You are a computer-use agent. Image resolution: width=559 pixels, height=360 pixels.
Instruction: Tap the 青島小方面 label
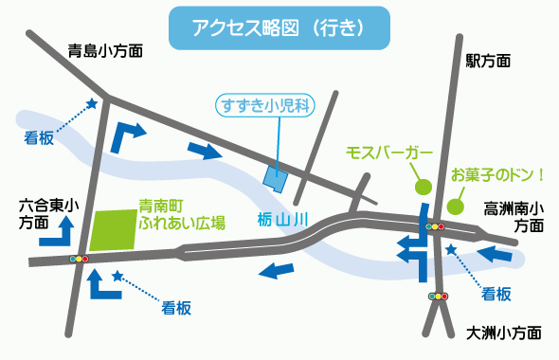click(x=105, y=52)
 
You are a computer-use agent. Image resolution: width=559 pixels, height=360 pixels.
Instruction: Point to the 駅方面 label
click(x=488, y=61)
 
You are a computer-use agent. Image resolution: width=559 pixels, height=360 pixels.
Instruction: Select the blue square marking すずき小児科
click(x=274, y=177)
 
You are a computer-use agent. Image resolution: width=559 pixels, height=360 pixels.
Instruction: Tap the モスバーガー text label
click(x=389, y=153)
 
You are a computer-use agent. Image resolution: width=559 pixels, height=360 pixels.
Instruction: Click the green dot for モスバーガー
click(x=423, y=188)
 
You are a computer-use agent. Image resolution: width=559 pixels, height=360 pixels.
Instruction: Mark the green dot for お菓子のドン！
click(x=456, y=206)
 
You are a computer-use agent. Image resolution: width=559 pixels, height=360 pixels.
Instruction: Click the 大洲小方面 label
click(x=504, y=333)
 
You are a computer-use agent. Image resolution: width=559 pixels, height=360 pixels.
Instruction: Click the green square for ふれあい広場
click(x=115, y=230)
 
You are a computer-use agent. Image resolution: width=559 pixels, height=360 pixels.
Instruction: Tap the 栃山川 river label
click(x=283, y=220)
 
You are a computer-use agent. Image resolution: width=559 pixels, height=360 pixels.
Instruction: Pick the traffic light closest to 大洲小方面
click(x=437, y=297)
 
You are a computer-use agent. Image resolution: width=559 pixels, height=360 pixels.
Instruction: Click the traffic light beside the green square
click(x=79, y=258)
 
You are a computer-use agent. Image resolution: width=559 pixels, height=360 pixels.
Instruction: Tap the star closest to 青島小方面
click(x=92, y=103)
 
